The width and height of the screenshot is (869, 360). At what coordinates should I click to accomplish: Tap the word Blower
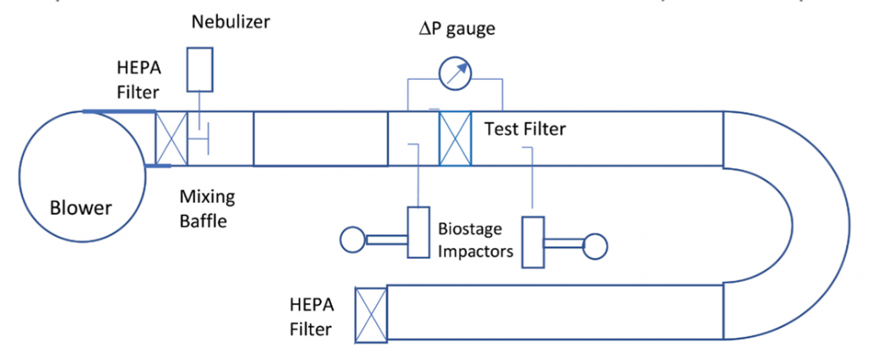point(81,207)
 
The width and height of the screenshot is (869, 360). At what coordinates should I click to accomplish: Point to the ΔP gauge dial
point(456,74)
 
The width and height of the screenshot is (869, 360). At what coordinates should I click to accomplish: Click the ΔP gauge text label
point(459,30)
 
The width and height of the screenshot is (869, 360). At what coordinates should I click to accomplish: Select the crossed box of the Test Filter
point(455,138)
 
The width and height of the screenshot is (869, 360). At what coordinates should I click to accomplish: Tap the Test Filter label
point(524,130)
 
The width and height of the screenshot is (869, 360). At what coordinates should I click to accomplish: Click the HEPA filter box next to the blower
point(171,138)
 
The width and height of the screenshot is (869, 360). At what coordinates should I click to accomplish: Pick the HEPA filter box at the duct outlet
point(370,313)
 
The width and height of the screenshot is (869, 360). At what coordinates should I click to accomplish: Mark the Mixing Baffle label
point(207,208)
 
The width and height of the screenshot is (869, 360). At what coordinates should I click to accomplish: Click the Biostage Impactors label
point(470,239)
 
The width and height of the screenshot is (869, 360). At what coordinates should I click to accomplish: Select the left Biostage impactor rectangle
point(419,230)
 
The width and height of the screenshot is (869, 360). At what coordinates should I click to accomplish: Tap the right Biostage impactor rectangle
point(532,243)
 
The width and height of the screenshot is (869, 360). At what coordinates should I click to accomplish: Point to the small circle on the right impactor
point(596,245)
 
